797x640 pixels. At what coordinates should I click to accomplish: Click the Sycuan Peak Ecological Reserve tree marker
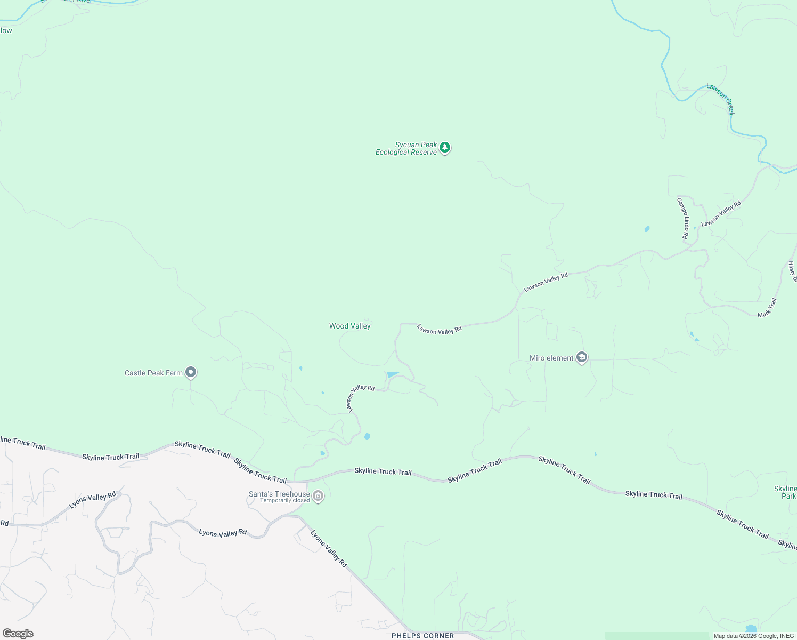[445, 147]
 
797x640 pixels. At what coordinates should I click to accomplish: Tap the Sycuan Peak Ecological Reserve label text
[406, 148]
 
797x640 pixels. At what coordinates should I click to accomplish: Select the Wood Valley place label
[349, 326]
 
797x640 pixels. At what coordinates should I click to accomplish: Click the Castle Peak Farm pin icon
[191, 372]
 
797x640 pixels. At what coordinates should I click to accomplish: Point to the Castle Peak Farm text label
[153, 373]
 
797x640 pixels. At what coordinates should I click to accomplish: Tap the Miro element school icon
[582, 357]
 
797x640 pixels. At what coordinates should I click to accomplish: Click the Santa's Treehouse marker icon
[318, 496]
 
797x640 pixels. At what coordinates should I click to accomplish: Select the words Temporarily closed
[284, 501]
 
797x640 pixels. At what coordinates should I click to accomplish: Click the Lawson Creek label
[721, 99]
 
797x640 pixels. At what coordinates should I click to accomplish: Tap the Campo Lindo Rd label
[682, 218]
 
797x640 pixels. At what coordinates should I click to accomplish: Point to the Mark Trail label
[767, 308]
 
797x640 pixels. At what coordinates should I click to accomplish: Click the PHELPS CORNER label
[422, 636]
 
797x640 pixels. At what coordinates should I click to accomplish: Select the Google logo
[18, 634]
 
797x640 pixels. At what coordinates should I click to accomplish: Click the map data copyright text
[754, 636]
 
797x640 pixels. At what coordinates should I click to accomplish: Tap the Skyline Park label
[785, 492]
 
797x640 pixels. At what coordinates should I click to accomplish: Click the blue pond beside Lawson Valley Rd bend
[393, 374]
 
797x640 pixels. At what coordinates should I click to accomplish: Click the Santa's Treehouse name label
[279, 494]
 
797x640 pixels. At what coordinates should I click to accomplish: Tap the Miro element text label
[551, 358]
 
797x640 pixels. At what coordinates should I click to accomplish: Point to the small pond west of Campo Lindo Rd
[647, 229]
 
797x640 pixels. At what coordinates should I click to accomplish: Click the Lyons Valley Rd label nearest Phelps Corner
[329, 548]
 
